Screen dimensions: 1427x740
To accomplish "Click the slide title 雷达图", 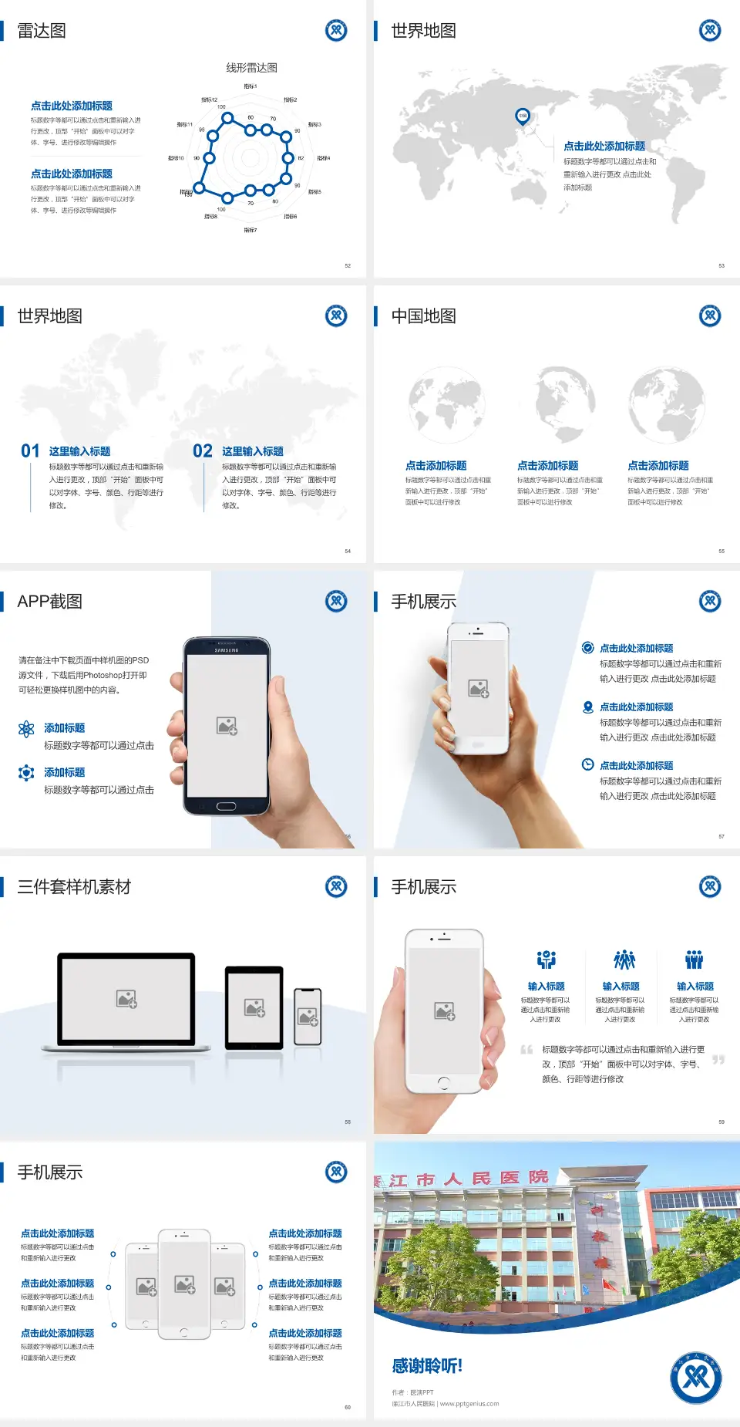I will pos(42,31).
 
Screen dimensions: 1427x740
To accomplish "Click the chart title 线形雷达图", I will pos(251,68).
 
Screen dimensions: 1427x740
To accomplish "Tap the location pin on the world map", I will pos(522,116).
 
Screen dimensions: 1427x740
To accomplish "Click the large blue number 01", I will pos(30,451).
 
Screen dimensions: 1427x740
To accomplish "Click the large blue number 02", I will pos(203,451).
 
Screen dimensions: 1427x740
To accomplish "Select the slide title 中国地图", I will pos(423,316).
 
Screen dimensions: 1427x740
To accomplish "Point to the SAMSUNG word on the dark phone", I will pos(227,650).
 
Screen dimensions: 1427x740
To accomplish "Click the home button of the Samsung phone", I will pos(226,806).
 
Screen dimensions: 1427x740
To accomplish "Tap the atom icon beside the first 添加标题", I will pos(26,729).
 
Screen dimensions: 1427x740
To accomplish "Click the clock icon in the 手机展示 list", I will pos(587,764).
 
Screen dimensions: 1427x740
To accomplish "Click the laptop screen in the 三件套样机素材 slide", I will pos(126,999).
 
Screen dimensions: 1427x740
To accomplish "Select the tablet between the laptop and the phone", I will pos(254,1007).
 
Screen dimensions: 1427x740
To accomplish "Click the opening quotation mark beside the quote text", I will pos(526,1050).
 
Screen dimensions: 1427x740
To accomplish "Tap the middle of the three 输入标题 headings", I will pos(621,987).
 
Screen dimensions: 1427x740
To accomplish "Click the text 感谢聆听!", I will pos(427,1366).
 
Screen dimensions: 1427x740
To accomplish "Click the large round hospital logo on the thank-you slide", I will pos(695,1378).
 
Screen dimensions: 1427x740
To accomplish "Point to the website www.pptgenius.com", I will pos(469,1404).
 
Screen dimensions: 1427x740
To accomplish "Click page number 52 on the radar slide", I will pos(348,265).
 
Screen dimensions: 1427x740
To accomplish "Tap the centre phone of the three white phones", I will pos(184,1284).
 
